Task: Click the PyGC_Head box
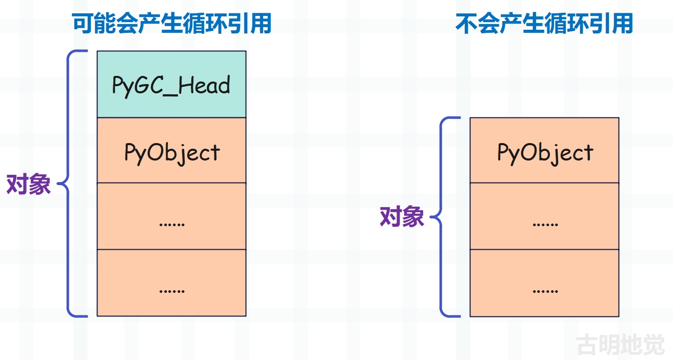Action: point(171,84)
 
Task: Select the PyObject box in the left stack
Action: point(171,150)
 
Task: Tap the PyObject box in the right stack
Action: point(544,150)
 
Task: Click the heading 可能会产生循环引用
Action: point(172,23)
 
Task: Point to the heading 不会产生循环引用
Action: point(544,23)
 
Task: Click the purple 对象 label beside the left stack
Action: point(29,184)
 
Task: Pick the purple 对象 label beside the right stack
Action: point(402,216)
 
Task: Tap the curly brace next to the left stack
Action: point(68,184)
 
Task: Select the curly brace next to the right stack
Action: point(441,217)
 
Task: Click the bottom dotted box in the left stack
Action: point(171,283)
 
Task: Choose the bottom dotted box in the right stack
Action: point(544,283)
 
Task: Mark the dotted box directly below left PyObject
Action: point(171,216)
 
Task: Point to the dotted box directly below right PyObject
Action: point(544,216)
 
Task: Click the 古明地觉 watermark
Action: point(621,345)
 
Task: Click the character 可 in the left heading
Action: point(83,23)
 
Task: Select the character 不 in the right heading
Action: point(466,23)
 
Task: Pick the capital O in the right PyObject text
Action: point(528,152)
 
